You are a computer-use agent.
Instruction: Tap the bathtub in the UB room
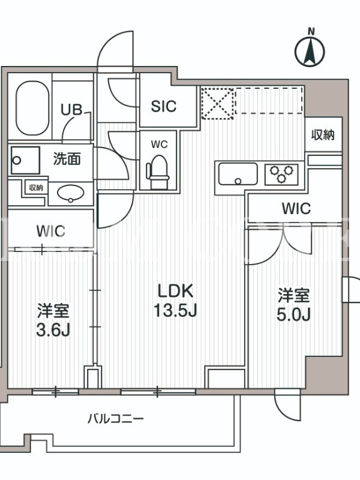click(32, 108)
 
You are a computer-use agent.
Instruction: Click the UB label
click(71, 110)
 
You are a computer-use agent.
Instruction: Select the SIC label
click(164, 106)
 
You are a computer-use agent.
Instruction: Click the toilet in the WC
click(158, 172)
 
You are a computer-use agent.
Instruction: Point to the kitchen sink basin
click(238, 174)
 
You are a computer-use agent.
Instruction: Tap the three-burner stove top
click(281, 174)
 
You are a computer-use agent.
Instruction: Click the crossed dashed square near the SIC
click(218, 103)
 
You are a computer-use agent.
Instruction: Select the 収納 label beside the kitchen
click(323, 134)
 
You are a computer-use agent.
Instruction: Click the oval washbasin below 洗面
click(71, 193)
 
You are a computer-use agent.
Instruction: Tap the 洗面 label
click(67, 158)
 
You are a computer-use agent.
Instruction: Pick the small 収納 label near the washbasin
click(36, 188)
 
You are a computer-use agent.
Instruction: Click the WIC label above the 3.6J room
click(51, 231)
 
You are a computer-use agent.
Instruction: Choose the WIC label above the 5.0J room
click(296, 208)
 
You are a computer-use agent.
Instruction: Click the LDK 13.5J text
click(175, 301)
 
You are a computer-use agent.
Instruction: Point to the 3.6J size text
click(53, 331)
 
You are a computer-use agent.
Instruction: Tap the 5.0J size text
click(293, 314)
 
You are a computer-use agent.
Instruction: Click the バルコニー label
click(115, 418)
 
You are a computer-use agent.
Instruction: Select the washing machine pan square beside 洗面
click(25, 160)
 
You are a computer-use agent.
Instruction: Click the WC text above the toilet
click(159, 144)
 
